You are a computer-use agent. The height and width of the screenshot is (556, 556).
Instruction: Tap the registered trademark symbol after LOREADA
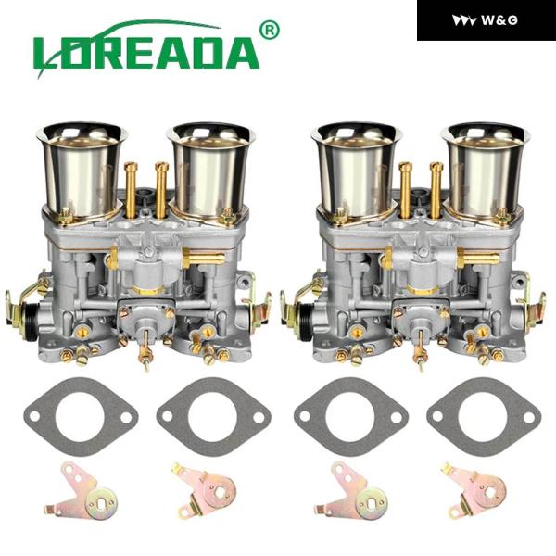point(270,31)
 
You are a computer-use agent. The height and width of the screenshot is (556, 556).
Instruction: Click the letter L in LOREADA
point(48,54)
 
